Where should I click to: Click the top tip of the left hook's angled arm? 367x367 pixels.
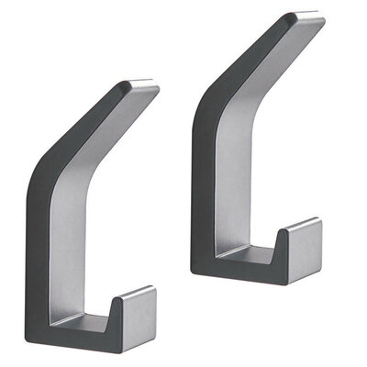139,85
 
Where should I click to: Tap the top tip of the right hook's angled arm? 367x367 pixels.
306,17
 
